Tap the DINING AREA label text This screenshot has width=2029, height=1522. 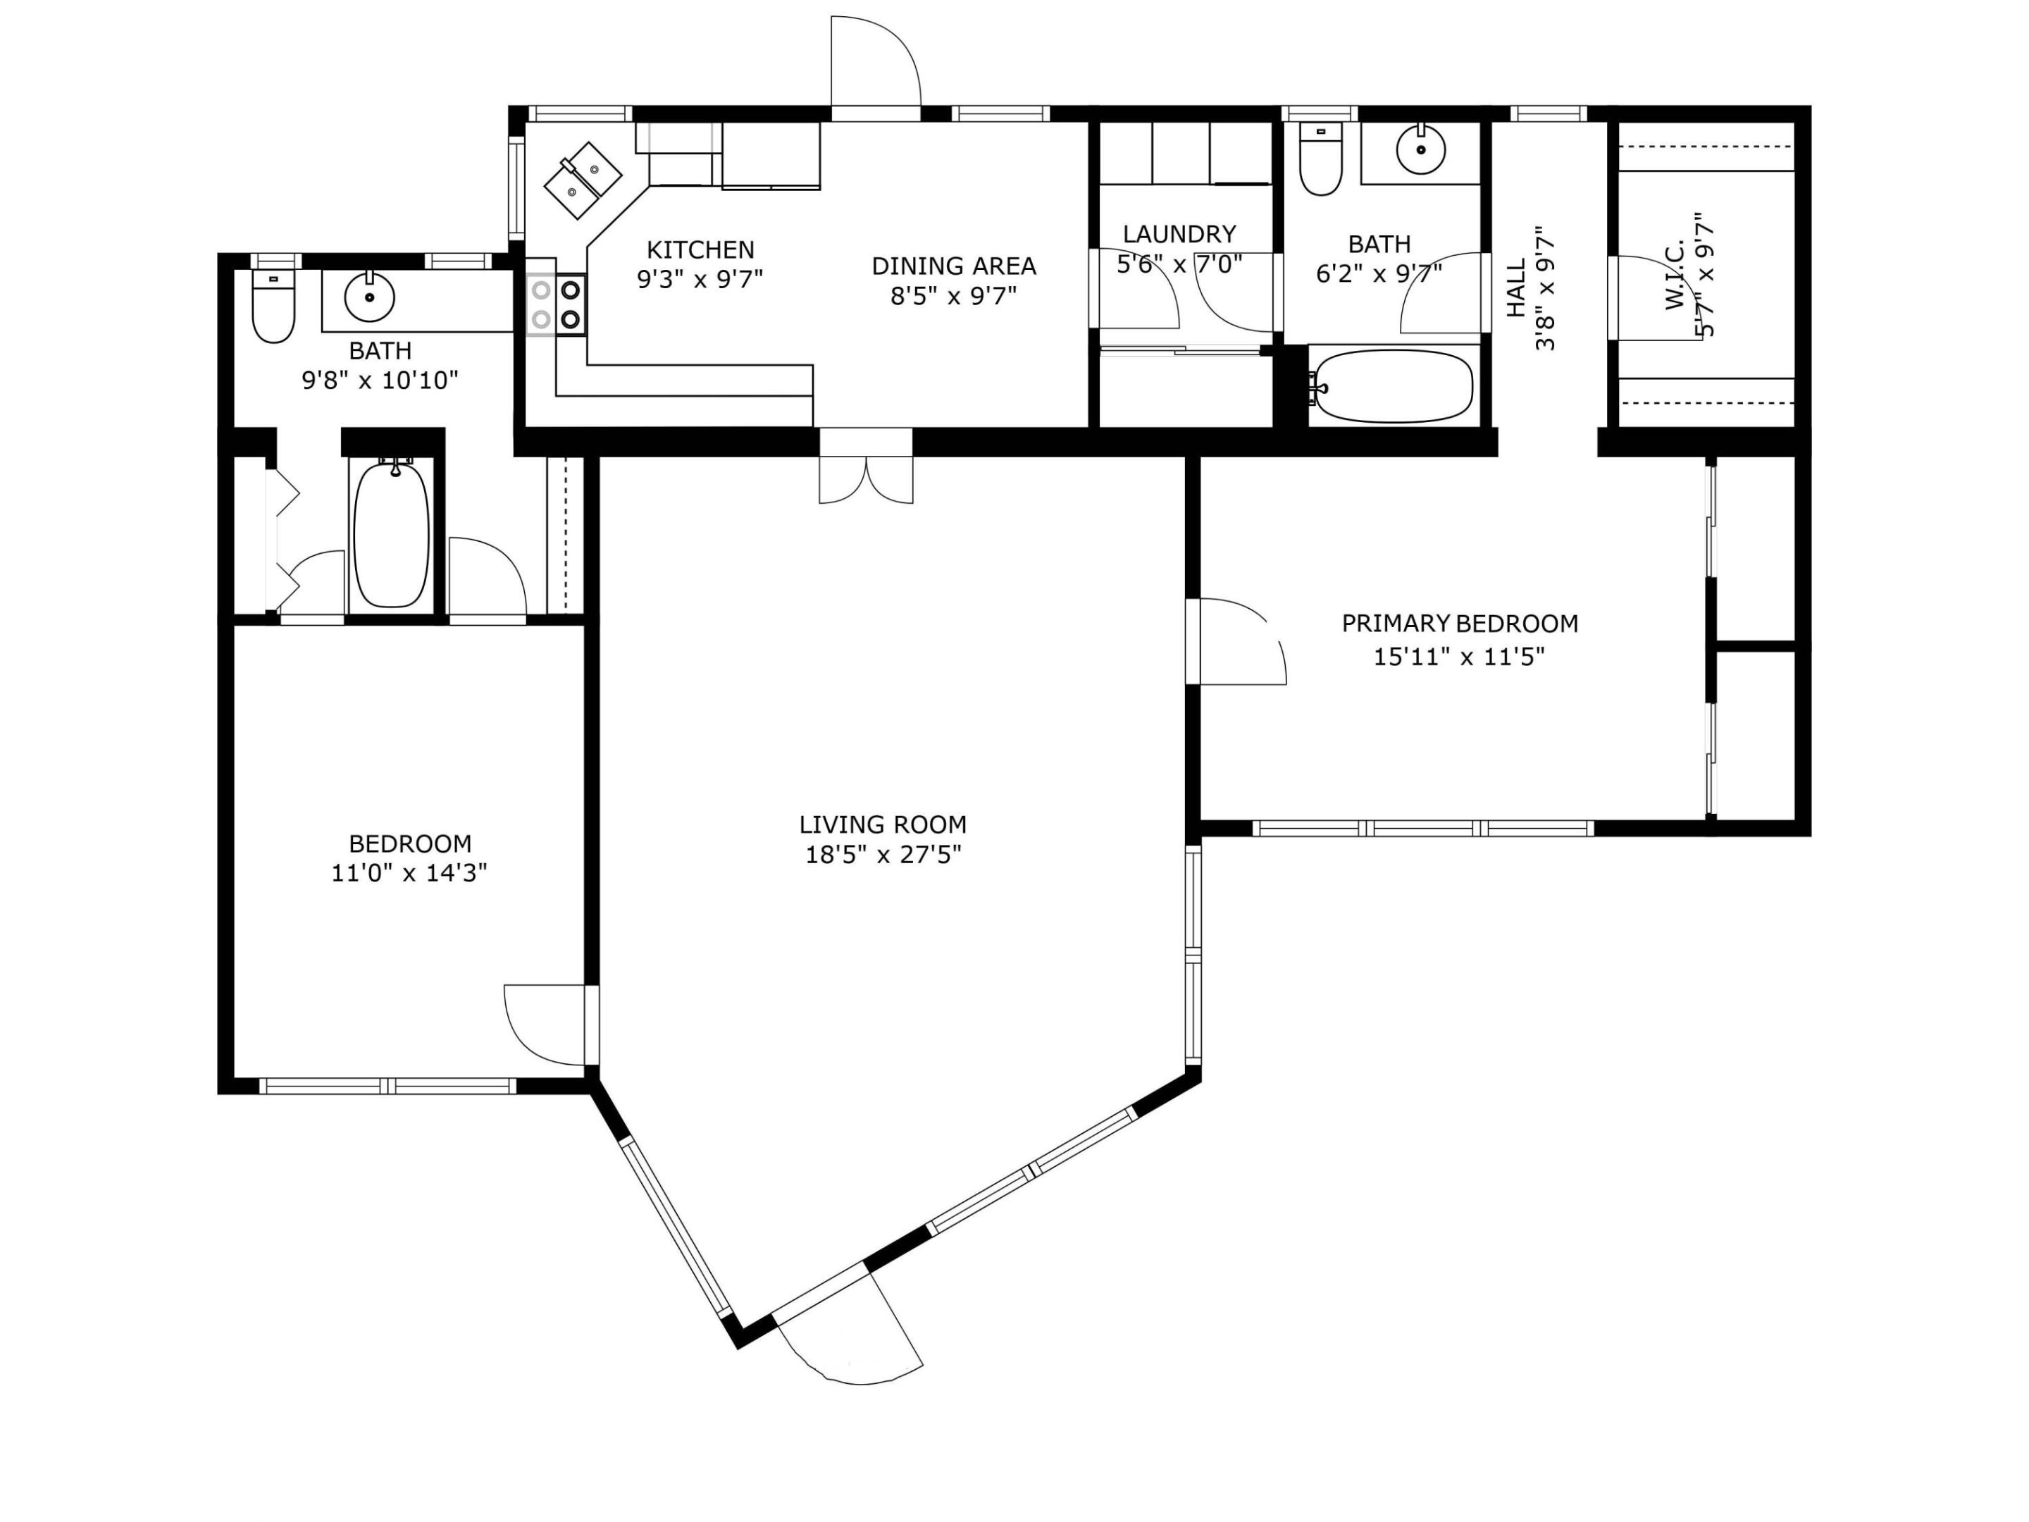tap(953, 266)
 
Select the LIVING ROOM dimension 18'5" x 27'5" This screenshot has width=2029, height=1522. tap(883, 855)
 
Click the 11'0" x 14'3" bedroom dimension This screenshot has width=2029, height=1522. tap(409, 872)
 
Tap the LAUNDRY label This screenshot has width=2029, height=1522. tap(1179, 234)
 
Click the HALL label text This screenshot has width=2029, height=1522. tap(1516, 288)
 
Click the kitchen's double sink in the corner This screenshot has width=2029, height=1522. tap(583, 180)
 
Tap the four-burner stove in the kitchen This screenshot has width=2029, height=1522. tap(556, 304)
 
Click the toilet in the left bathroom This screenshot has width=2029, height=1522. tap(273, 306)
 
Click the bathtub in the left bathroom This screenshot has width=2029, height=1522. tap(392, 534)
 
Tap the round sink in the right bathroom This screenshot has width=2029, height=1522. tap(1421, 149)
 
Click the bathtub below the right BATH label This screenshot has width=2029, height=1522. tap(1392, 386)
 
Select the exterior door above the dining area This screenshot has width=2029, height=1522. tap(875, 61)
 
